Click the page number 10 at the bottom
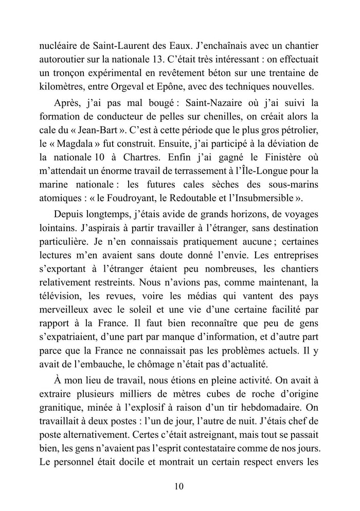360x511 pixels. pos(179,486)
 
